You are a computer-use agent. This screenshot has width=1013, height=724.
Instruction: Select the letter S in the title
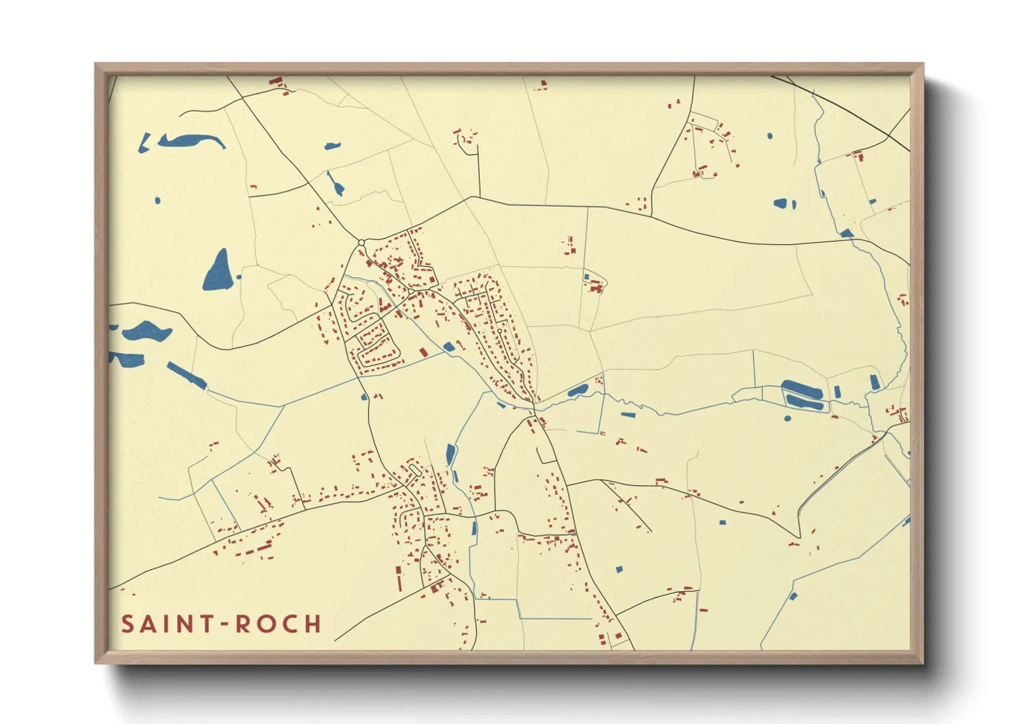(x=128, y=624)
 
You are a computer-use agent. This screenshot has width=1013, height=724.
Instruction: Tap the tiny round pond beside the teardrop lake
(x=239, y=277)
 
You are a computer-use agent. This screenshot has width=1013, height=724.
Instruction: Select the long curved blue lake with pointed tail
(x=192, y=141)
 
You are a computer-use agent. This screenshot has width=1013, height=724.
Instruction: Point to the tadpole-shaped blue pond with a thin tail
(x=335, y=183)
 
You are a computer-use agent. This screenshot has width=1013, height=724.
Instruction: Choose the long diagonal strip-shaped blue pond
(x=186, y=376)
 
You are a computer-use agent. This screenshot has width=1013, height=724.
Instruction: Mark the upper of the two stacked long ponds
(x=802, y=389)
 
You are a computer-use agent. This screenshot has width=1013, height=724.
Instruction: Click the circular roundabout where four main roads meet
(x=361, y=242)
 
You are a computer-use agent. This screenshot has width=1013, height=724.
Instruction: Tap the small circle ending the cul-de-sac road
(x=500, y=331)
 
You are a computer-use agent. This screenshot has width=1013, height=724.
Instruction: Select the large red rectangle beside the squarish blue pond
(x=424, y=352)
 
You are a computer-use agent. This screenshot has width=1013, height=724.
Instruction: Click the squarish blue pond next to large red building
(x=448, y=347)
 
